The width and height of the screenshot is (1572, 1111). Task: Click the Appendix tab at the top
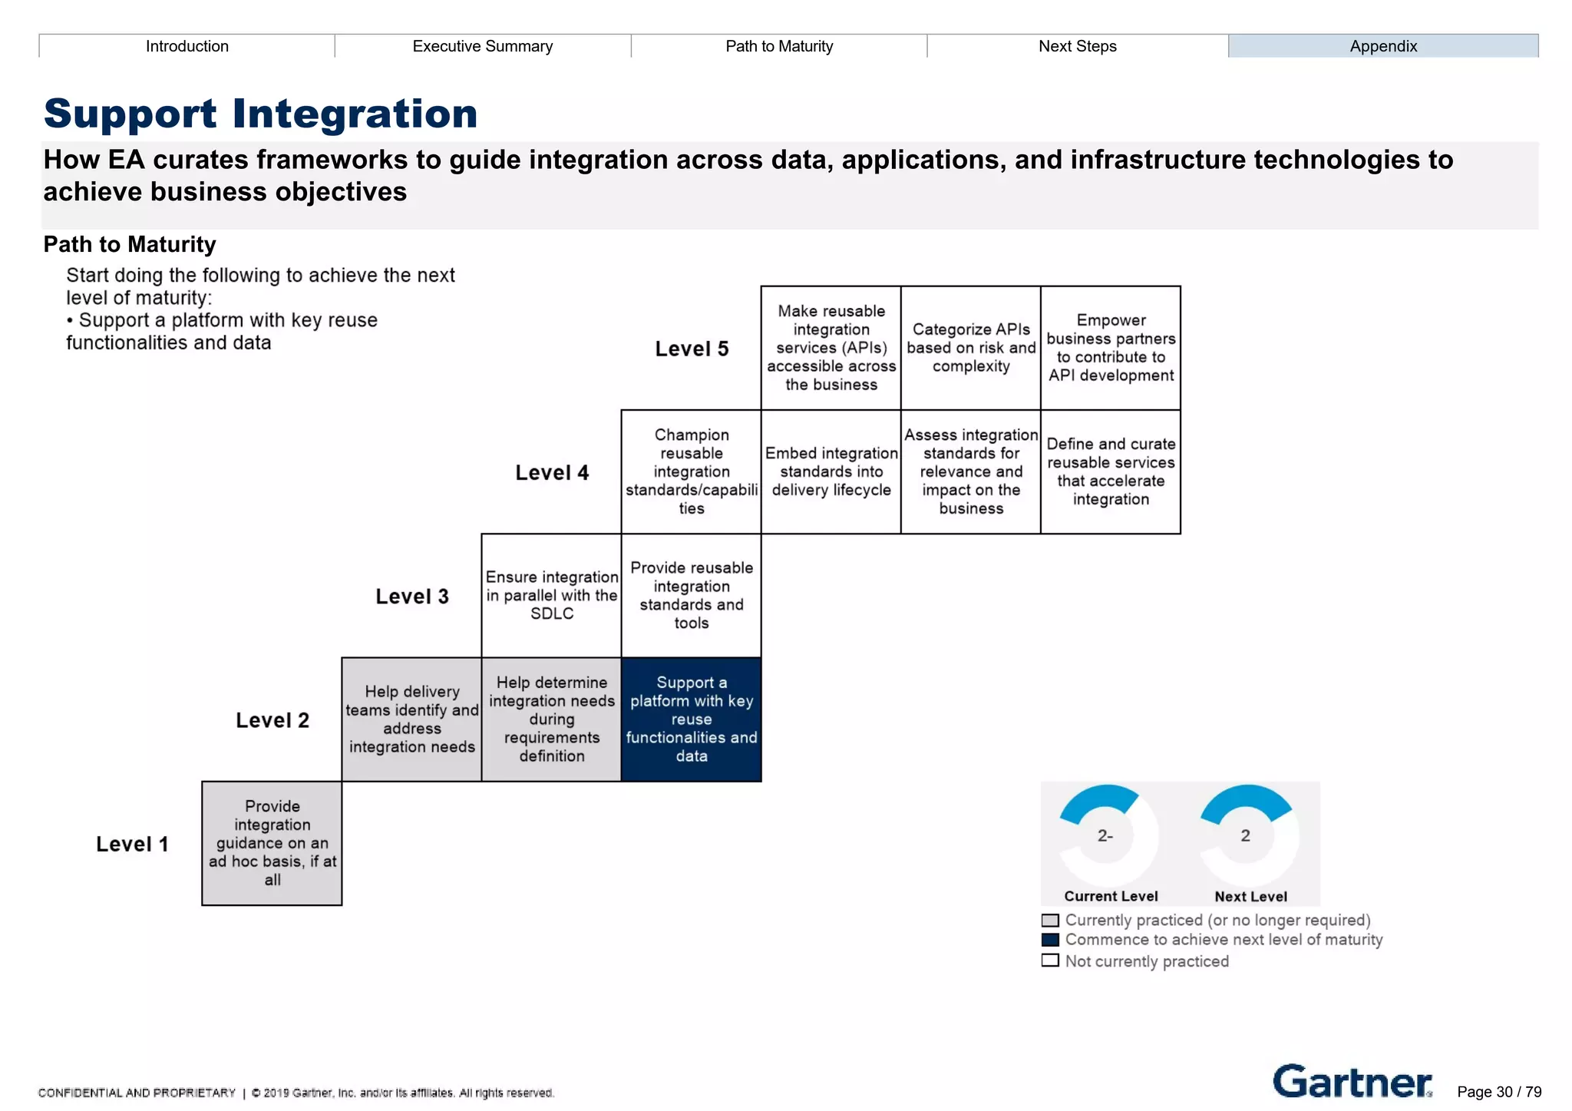1382,46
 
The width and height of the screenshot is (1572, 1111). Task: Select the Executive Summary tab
482,46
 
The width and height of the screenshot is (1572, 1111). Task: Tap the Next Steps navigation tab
1077,46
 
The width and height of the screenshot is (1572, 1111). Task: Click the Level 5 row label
692,349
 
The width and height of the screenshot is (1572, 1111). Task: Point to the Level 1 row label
132,844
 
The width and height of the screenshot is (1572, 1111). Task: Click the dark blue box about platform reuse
691,719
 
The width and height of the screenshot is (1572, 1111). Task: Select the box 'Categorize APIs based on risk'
970,348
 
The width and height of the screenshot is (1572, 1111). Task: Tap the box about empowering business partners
1110,348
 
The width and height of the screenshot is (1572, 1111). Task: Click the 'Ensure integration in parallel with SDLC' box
551,595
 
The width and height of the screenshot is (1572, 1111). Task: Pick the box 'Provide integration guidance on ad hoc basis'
272,843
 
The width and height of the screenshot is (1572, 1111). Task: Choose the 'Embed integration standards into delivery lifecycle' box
831,471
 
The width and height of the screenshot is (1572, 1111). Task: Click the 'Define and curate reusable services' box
1110,471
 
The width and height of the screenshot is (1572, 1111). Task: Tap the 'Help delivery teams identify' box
411,719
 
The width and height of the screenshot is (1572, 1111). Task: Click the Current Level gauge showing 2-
1105,835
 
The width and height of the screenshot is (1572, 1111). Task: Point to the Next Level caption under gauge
1250,896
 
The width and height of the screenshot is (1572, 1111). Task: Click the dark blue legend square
1050,939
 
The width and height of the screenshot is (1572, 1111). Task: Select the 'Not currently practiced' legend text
1146,961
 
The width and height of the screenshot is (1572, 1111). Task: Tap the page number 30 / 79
1498,1092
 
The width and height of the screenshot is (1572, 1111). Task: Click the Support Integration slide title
261,114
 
